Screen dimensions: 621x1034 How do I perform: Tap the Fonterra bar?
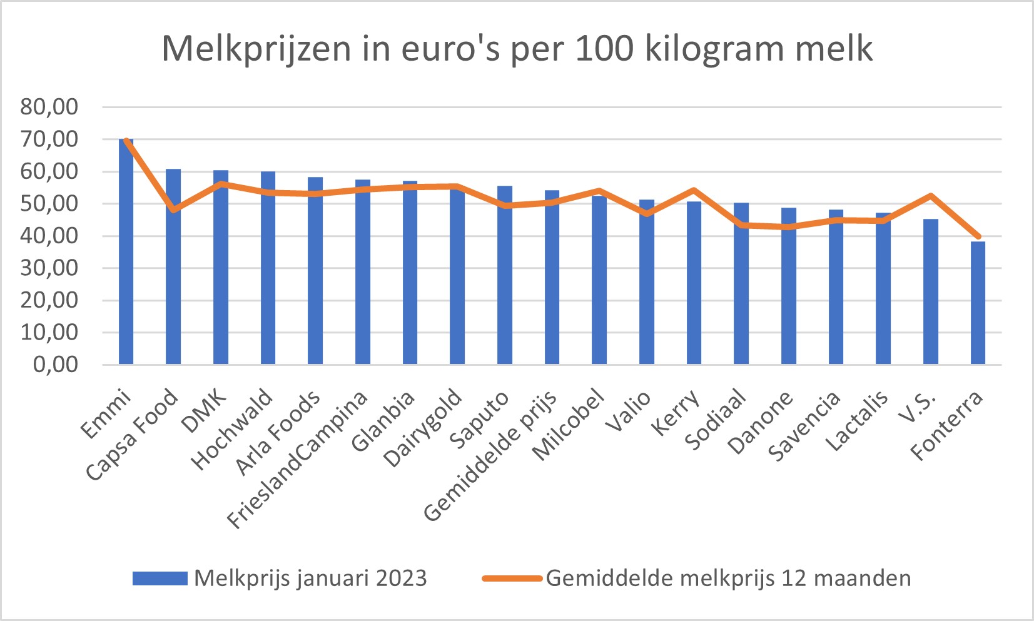click(x=978, y=303)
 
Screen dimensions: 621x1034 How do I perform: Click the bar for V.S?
click(x=931, y=291)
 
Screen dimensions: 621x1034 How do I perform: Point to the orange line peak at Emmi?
click(x=126, y=140)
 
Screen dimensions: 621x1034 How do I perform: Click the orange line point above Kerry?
click(x=694, y=190)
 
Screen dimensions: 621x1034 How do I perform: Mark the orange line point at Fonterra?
click(x=978, y=236)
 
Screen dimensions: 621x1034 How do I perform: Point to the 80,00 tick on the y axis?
click(x=49, y=107)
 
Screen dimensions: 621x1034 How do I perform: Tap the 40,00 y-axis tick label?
click(x=49, y=236)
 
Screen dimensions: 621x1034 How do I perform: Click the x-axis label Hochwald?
click(x=232, y=430)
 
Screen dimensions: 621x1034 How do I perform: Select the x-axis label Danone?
click(x=760, y=423)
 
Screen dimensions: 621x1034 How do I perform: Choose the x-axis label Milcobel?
click(x=568, y=425)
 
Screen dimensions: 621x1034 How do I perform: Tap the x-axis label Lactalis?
click(x=856, y=421)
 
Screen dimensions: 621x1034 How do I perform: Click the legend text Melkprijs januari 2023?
click(x=310, y=578)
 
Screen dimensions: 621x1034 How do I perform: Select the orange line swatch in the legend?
click(x=512, y=578)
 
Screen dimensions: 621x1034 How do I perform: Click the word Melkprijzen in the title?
click(x=256, y=49)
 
